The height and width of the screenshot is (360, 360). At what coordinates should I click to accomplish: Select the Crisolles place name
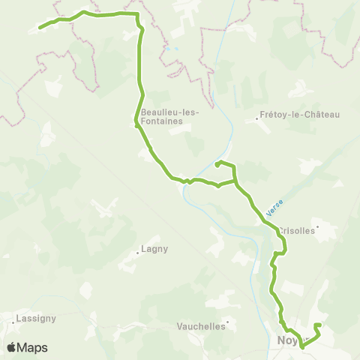[x=297, y=231]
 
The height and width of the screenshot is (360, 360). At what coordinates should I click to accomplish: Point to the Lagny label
[x=154, y=249]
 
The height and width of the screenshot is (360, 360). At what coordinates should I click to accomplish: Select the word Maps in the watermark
[x=34, y=347]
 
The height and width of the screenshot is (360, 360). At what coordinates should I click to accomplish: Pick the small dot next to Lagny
[x=138, y=253]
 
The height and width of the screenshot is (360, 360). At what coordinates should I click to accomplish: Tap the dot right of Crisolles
[x=319, y=226]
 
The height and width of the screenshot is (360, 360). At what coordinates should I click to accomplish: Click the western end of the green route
[x=40, y=28]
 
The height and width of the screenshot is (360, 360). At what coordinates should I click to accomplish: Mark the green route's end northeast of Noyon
[x=319, y=325]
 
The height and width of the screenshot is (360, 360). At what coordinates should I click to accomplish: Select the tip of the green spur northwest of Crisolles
[x=217, y=163]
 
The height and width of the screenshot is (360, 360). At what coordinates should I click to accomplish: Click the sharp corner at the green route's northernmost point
[x=138, y=14]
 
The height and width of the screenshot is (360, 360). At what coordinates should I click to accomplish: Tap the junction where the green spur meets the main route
[x=235, y=180]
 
